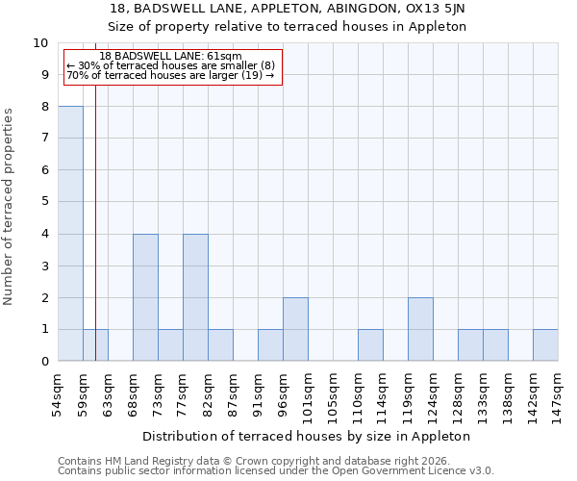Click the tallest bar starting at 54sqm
click(70, 234)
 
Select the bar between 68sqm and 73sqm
click(145, 297)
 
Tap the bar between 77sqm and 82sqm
click(195, 297)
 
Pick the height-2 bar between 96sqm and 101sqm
click(295, 329)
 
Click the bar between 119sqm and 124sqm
click(420, 329)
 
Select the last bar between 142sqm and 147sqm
click(545, 345)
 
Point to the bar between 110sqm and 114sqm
click(370, 345)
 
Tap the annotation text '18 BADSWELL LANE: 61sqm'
click(171, 57)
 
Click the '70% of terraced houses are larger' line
click(171, 76)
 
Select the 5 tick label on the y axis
click(42, 202)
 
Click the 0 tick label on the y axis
click(42, 362)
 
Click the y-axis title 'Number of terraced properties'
click(10, 207)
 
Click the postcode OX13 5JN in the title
click(442, 9)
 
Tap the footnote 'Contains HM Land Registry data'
click(144, 461)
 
